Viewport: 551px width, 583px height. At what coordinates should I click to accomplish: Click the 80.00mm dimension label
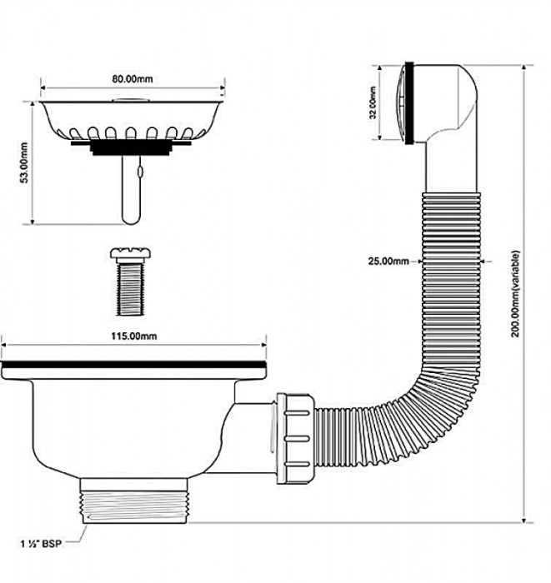[x=133, y=79]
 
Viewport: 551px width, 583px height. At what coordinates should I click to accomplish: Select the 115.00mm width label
[x=136, y=335]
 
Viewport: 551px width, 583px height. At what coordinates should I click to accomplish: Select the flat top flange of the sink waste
[x=136, y=366]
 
